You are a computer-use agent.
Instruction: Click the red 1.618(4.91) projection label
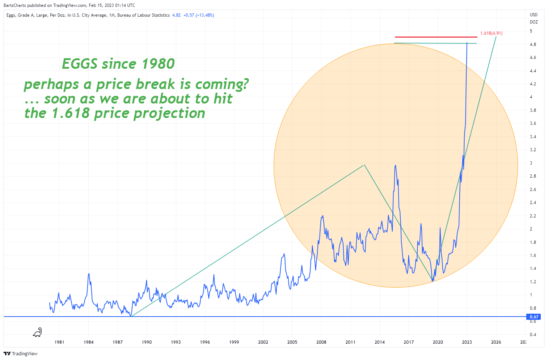pos(491,33)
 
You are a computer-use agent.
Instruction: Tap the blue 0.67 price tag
pos(534,317)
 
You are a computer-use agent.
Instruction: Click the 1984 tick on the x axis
pos(88,342)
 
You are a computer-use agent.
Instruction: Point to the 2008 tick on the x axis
pos(321,342)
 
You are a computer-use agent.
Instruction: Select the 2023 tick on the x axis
pos(467,342)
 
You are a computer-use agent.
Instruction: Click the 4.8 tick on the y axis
pos(533,45)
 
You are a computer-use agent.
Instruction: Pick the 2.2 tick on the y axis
pos(533,216)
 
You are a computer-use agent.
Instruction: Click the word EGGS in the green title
pos(80,64)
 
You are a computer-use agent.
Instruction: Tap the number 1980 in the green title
pos(158,64)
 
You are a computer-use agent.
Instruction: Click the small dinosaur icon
pos(37,332)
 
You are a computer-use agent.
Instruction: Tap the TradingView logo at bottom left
pos(21,353)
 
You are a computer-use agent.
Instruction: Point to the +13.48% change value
pos(205,15)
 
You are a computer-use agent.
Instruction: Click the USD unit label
pos(534,15)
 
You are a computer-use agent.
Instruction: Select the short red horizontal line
pos(436,37)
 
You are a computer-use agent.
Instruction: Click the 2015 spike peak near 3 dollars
pos(395,165)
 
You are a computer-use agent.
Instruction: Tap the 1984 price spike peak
pos(89,274)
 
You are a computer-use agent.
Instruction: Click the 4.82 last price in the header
pos(176,15)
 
